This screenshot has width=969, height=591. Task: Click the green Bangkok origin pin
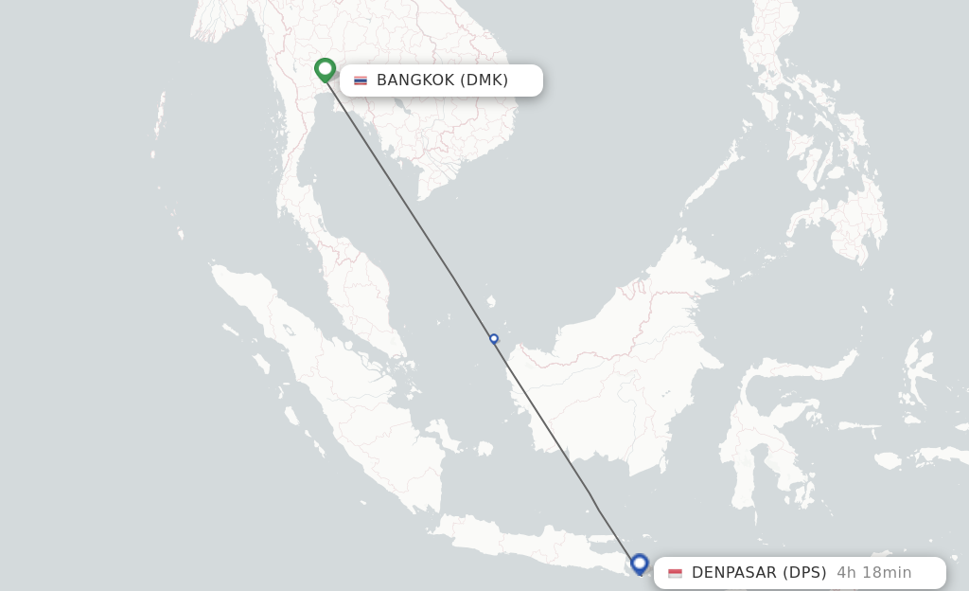325,69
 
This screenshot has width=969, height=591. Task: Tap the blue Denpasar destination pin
640,564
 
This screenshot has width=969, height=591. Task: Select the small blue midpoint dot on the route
494,338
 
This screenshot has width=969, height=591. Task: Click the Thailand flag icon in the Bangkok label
361,81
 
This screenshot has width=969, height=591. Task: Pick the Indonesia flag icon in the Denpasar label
675,573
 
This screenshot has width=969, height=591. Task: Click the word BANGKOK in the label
415,81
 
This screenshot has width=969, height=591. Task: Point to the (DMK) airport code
484,81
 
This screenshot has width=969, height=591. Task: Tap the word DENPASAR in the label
734,573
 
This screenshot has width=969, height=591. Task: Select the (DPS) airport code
804,573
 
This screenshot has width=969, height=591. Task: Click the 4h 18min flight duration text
873,573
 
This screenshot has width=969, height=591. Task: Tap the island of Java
530,545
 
